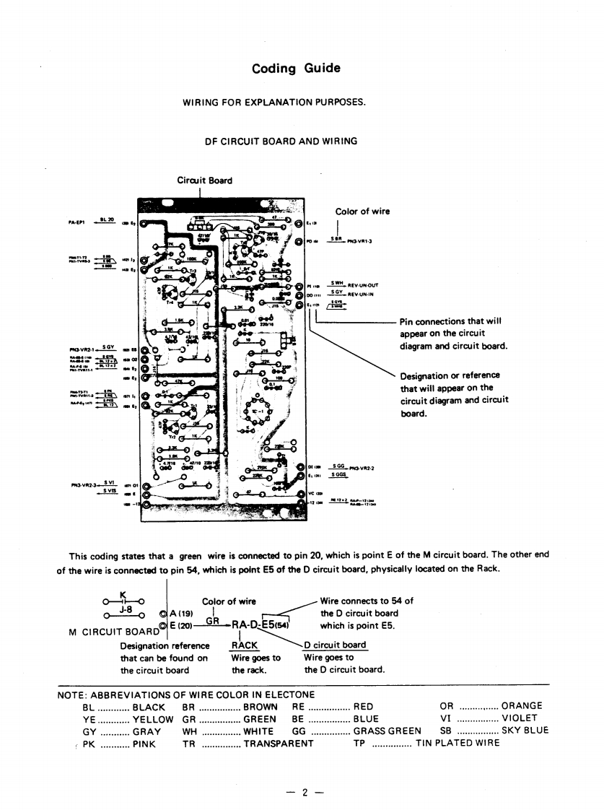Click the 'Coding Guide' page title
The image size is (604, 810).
[296, 69]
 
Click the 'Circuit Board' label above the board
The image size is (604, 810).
[205, 180]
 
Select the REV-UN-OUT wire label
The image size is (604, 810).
[364, 285]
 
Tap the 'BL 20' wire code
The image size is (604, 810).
[108, 219]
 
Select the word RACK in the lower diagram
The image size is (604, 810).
[245, 645]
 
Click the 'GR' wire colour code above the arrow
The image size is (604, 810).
[211, 620]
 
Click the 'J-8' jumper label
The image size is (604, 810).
[124, 609]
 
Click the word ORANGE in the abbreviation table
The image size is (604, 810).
[522, 705]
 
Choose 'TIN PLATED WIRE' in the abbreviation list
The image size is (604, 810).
[458, 743]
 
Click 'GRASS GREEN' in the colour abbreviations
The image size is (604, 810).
[387, 730]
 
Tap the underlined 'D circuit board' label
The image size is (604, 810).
[335, 645]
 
